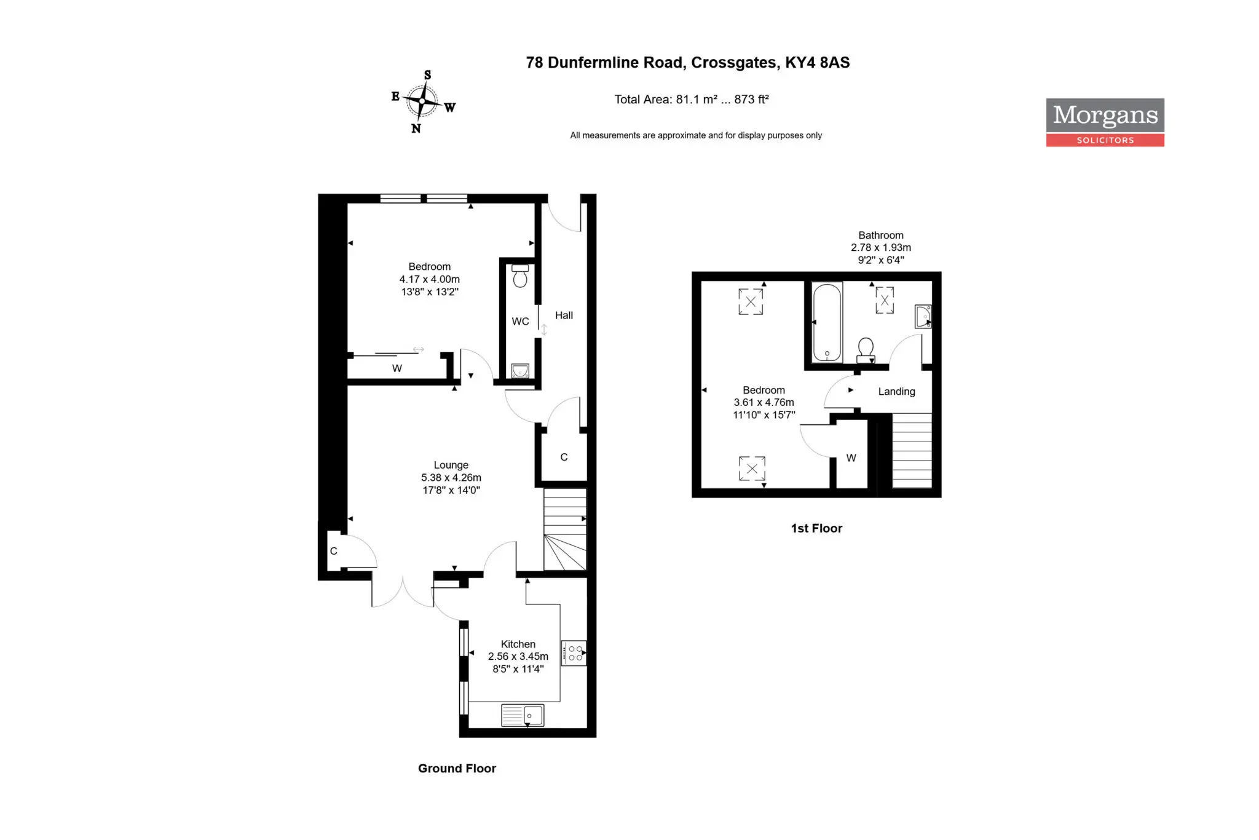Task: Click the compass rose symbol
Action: click(423, 101)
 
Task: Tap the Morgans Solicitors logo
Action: click(1105, 122)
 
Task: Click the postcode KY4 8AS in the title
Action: click(818, 63)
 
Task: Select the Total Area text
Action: click(692, 100)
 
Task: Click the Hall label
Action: click(564, 315)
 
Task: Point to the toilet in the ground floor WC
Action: click(520, 276)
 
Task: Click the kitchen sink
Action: click(523, 715)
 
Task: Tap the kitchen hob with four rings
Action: click(574, 653)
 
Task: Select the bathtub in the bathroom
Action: click(827, 323)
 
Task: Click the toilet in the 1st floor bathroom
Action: click(866, 350)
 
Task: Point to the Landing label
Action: click(896, 392)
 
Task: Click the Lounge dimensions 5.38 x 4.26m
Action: click(451, 478)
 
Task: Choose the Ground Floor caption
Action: click(457, 769)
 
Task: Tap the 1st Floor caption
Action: click(816, 528)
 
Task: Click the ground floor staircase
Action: click(565, 529)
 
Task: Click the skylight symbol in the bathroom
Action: click(885, 301)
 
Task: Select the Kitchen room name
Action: click(518, 644)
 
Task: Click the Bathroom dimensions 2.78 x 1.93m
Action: click(881, 248)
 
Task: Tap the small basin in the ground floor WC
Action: click(520, 371)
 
